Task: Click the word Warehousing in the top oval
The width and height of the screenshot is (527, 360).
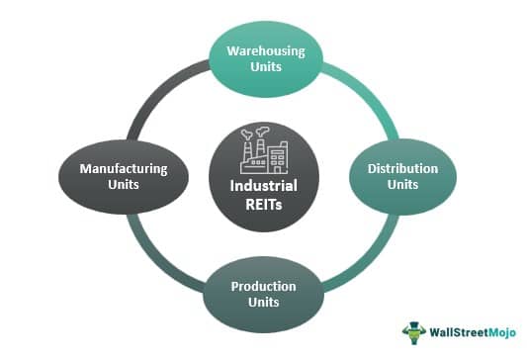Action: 264,50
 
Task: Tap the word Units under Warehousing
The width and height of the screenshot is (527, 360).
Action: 264,69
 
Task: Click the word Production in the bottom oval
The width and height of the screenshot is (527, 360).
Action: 264,287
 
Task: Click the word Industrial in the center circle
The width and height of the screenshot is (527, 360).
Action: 264,186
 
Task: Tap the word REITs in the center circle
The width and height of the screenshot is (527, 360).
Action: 264,205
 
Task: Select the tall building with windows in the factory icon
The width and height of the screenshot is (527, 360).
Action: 280,154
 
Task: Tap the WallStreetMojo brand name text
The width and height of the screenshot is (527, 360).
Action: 469,331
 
